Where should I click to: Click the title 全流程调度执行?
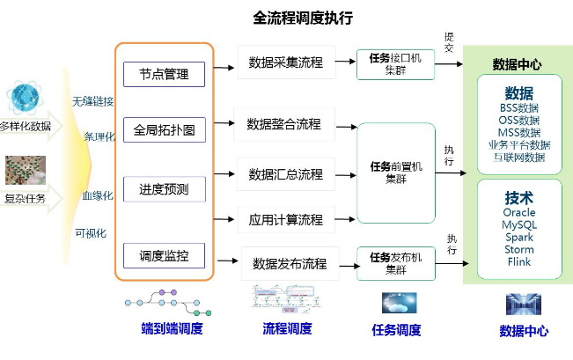(303, 18)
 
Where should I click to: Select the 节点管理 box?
(164, 74)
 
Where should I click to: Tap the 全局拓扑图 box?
(164, 131)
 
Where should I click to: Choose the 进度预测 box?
(164, 188)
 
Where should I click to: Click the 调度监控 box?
(164, 255)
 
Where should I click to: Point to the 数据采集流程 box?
(286, 62)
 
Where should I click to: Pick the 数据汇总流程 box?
(286, 173)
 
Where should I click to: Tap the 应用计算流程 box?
(286, 218)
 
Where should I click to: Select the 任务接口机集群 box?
(395, 64)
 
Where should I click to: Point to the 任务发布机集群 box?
(395, 262)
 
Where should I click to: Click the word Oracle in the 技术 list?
(518, 213)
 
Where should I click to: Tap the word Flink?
(518, 261)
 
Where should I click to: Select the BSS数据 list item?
(518, 108)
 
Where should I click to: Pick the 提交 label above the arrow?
(449, 41)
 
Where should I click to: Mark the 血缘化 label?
(97, 195)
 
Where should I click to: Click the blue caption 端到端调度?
(173, 329)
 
